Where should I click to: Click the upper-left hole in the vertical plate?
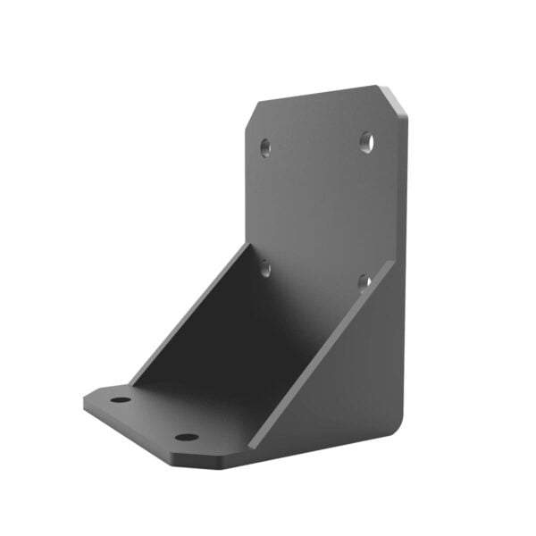tap(265, 145)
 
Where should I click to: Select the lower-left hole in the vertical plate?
tap(266, 264)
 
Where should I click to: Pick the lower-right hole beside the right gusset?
tap(364, 282)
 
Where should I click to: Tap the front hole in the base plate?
tap(186, 437)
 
